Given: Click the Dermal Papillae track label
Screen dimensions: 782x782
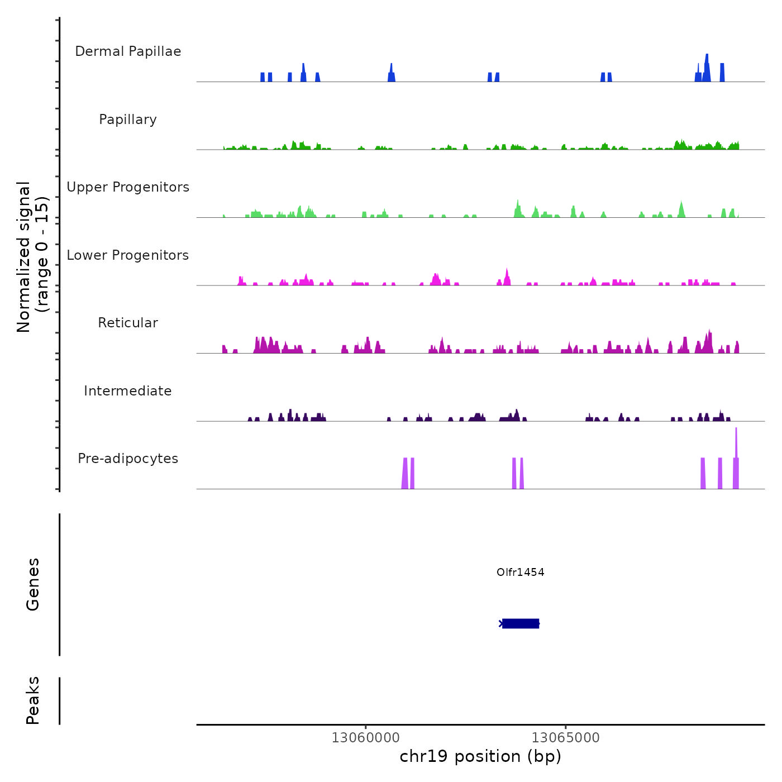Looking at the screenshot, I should [x=128, y=51].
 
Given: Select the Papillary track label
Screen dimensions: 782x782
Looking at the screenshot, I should [x=128, y=120].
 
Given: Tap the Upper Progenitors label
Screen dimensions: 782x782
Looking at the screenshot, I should [x=128, y=187].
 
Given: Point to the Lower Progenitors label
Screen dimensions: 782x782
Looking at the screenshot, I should [x=128, y=255].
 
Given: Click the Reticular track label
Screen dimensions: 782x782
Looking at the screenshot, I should [x=128, y=323].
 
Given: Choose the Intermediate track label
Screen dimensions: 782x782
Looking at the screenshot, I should [x=128, y=391].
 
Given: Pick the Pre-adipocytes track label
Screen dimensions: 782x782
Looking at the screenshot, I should [x=128, y=459].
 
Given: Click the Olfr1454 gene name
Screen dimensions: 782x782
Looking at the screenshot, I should [x=520, y=572].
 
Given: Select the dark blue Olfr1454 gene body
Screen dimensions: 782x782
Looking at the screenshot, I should [x=521, y=623].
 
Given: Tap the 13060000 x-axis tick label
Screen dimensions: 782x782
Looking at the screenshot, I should [x=365, y=737].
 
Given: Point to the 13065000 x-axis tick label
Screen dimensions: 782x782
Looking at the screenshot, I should [x=565, y=737].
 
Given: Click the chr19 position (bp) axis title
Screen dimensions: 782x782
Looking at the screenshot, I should [x=480, y=756].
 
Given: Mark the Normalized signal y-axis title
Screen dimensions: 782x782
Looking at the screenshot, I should [x=32, y=256].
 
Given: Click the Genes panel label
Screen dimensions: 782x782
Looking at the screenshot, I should [x=33, y=584].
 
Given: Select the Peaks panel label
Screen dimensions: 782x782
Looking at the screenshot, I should [x=33, y=700].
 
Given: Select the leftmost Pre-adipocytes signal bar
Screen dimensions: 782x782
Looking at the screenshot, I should [x=405, y=474].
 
